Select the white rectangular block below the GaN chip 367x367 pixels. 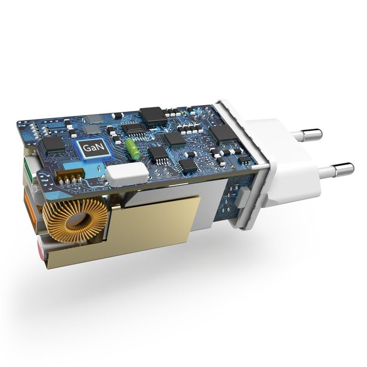coord(127,174)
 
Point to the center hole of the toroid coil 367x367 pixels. coord(76,220)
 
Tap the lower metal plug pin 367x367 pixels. coord(334,173)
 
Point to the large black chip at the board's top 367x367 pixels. coord(153,116)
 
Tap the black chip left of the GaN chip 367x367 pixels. coord(54,143)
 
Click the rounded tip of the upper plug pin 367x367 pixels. coord(319,134)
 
